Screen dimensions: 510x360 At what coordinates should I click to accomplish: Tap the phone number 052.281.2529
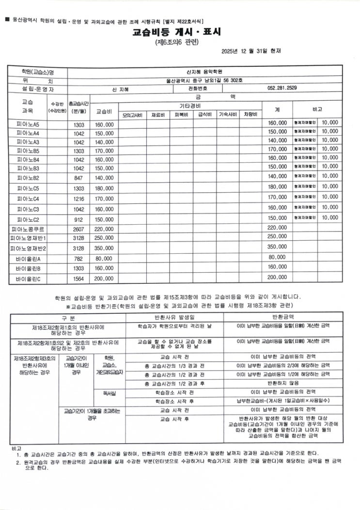pyautogui.click(x=282, y=88)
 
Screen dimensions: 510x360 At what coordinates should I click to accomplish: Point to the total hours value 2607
pyautogui.click(x=78, y=228)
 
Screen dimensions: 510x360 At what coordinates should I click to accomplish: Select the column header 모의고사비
pyautogui.click(x=132, y=115)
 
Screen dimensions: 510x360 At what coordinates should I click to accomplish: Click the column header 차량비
pyautogui.click(x=250, y=115)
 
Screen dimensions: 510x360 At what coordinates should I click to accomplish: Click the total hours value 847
pyautogui.click(x=78, y=178)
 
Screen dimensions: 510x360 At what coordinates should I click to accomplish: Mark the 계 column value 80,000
pyautogui.click(x=277, y=257)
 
